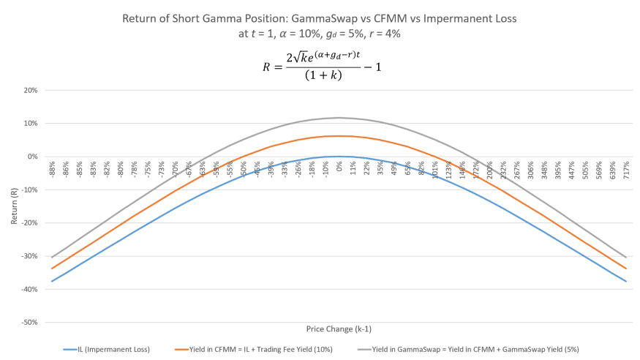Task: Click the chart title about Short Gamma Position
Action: [320, 19]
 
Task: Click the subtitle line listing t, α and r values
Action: [320, 33]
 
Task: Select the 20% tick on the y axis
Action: [32, 90]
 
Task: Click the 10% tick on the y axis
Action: [32, 123]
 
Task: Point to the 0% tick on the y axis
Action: [34, 157]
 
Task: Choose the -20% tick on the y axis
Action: [32, 222]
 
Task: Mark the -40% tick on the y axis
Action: [32, 289]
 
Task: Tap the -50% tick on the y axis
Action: [32, 322]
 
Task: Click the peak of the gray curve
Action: [339, 117]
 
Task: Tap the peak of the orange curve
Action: [339, 136]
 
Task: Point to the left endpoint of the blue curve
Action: [51, 281]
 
